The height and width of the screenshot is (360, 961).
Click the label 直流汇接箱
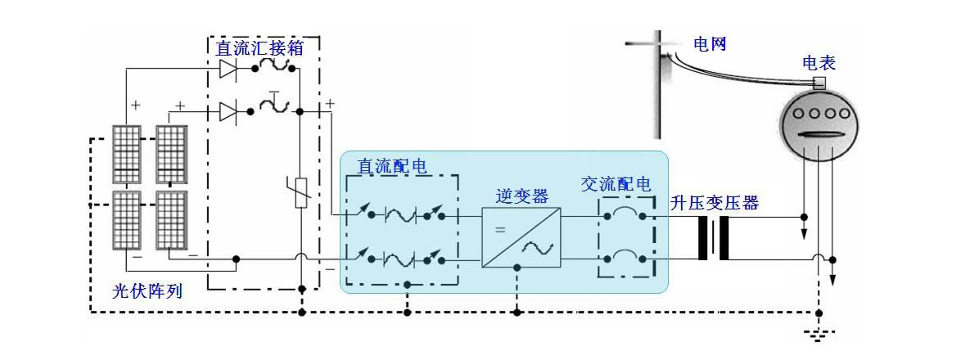click(259, 48)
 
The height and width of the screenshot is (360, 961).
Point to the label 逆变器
click(521, 196)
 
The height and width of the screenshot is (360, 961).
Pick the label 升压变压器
click(715, 203)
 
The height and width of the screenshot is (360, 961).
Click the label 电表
click(819, 63)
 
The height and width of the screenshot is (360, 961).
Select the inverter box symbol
click(521, 237)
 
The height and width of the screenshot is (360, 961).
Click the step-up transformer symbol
click(714, 238)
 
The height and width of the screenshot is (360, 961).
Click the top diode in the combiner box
click(228, 70)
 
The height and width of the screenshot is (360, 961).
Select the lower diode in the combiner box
click(228, 110)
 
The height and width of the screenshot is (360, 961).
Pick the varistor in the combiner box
click(300, 191)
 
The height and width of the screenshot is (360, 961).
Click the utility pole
click(660, 86)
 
